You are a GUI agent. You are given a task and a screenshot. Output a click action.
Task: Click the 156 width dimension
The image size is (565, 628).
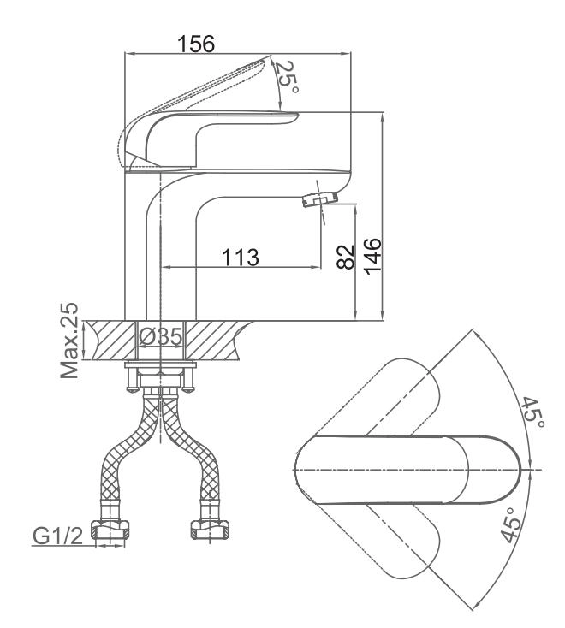coord(196,44)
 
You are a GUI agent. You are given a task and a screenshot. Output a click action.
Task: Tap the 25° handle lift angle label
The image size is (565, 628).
coord(287,77)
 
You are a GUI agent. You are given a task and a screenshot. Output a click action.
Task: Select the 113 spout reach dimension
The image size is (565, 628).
coord(240,258)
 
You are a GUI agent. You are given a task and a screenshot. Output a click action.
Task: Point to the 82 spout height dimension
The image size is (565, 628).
coord(346,257)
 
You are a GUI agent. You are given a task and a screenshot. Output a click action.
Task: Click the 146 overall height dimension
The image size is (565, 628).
coord(372,256)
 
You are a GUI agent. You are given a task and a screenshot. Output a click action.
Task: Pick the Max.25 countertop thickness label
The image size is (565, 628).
coord(69,341)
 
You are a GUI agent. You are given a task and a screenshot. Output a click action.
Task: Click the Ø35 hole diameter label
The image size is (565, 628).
coord(161,336)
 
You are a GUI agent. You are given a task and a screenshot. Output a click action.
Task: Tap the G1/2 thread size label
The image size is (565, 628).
coord(57,536)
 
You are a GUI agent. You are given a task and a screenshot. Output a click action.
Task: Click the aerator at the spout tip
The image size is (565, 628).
coord(319,199)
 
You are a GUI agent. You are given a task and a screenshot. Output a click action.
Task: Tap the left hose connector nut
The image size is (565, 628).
coord(110,530)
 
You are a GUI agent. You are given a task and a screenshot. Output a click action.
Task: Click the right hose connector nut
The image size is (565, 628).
coord(210,530)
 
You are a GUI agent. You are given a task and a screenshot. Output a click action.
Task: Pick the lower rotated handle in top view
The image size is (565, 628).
coord(401,541)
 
